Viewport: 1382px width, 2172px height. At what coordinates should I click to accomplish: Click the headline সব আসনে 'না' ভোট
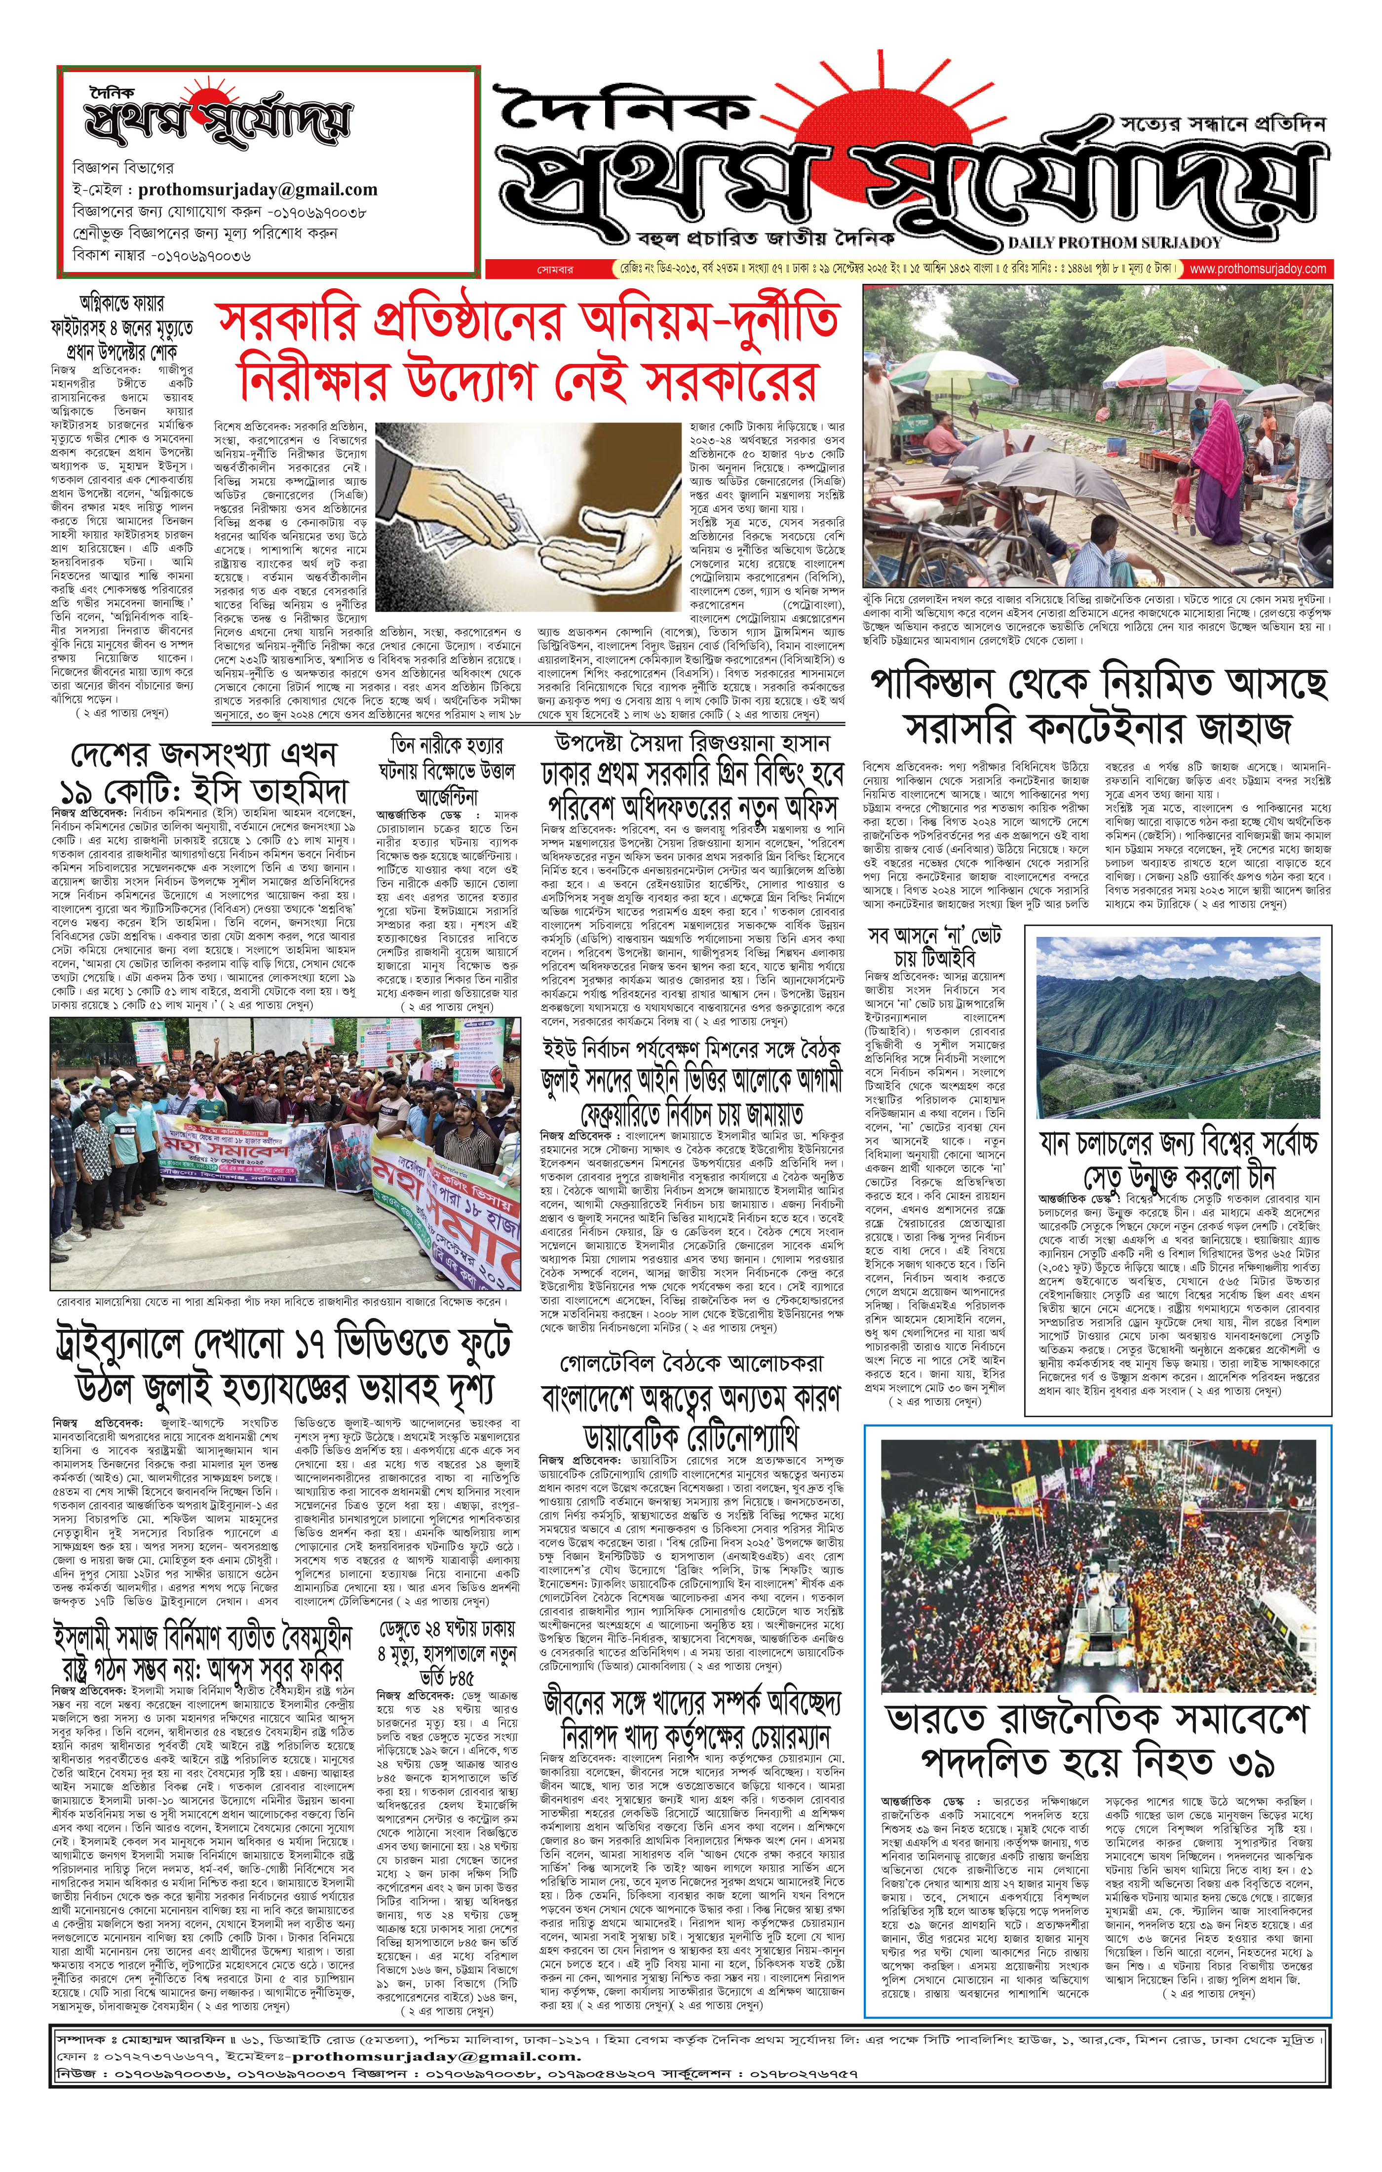(x=934, y=947)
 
